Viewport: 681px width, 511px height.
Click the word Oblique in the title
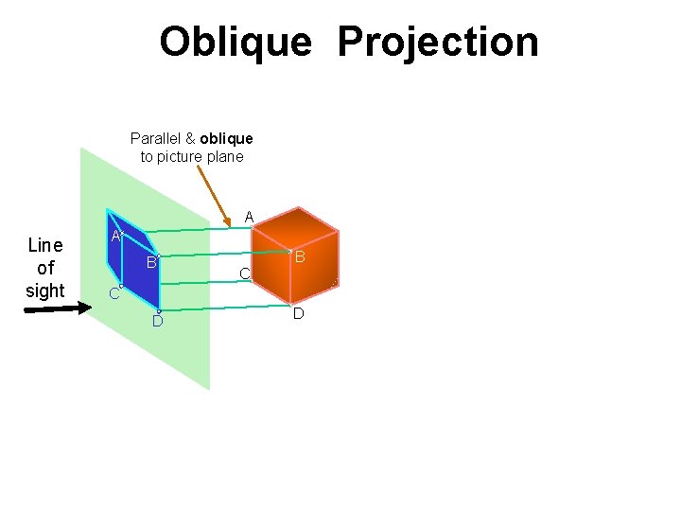click(235, 43)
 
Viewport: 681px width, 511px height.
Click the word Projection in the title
click(437, 43)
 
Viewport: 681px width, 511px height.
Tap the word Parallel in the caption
click(156, 138)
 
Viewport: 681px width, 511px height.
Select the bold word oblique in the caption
click(226, 138)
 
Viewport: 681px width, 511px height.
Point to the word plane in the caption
click(224, 157)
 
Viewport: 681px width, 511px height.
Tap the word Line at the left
click(44, 246)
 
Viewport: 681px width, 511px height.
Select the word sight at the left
click(44, 291)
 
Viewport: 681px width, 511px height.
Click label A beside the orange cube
click(249, 218)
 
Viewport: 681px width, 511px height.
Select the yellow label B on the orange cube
click(299, 257)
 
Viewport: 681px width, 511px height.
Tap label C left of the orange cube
click(243, 274)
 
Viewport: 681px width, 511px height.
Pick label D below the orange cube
click(298, 313)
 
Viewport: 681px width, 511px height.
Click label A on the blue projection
click(114, 236)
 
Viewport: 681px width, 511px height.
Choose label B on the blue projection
click(150, 262)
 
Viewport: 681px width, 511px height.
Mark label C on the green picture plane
click(113, 294)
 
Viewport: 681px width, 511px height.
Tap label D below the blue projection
click(158, 322)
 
